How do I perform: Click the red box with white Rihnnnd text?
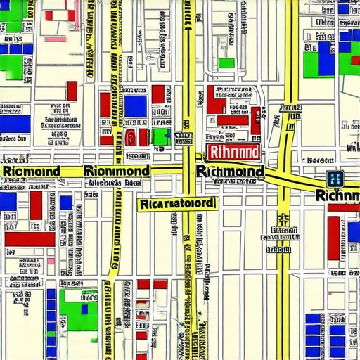233,153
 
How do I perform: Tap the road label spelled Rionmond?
116,171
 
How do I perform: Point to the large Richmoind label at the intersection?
231,172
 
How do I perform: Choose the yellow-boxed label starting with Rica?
176,204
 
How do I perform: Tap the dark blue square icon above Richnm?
335,179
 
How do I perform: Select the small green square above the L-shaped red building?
226,63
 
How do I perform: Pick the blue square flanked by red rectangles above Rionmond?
136,105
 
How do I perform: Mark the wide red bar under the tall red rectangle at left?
30,238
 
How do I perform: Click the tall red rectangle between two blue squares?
36,205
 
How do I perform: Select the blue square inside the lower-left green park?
84,308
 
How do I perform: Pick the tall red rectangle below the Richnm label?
333,238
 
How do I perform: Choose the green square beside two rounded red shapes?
161,136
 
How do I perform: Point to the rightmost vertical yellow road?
283,267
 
